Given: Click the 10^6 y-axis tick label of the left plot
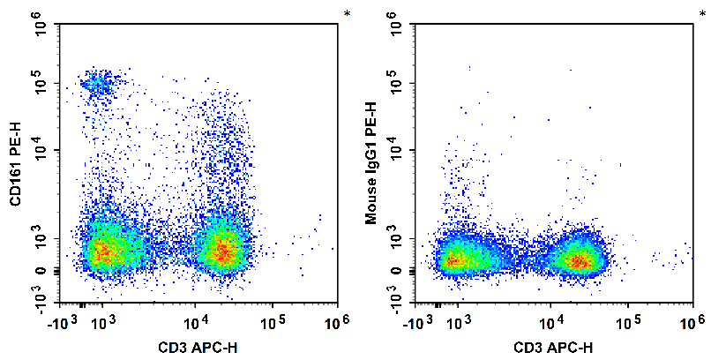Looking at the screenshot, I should tap(41, 27).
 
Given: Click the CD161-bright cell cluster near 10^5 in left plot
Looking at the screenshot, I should tap(96, 84).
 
